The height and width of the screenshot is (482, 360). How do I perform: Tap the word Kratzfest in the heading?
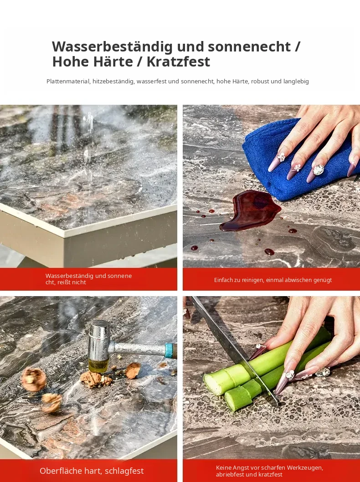pos(178,62)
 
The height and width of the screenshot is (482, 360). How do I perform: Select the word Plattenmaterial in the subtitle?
pos(68,82)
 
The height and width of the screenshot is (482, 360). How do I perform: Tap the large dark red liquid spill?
pos(251,210)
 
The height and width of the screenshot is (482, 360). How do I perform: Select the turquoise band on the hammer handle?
pos(169,351)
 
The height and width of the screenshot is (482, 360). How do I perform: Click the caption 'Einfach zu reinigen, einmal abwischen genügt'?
pos(273,280)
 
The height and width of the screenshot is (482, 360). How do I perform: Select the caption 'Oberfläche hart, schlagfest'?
pos(92,471)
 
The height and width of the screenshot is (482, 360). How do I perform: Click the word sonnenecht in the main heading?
pos(249,46)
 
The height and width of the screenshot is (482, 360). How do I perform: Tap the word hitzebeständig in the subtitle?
pos(113,82)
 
